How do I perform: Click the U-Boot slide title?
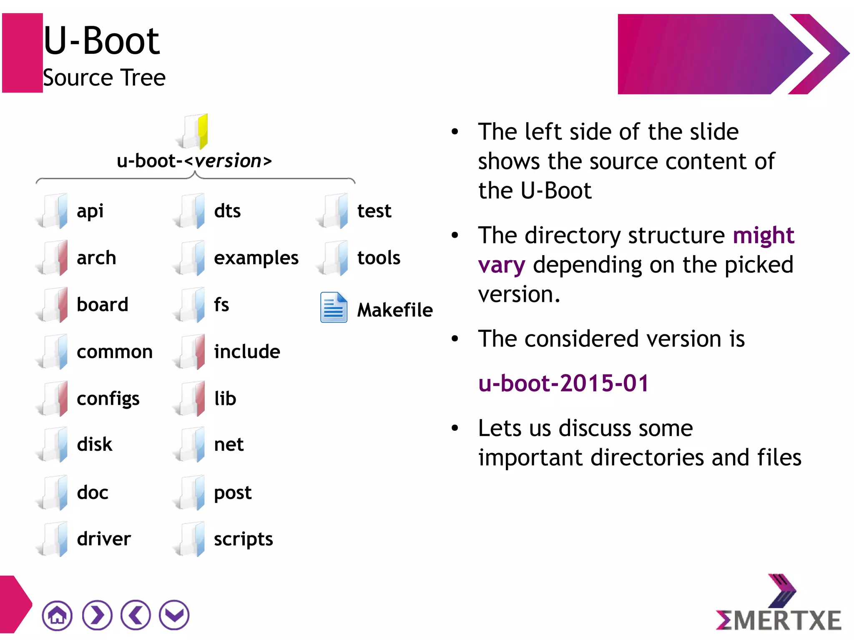pos(101,41)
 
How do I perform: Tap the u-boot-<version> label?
pos(194,161)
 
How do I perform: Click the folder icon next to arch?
pos(54,258)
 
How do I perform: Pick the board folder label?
pos(102,305)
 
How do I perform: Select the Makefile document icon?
pos(334,308)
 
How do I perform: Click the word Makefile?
pos(395,310)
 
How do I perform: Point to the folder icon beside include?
pos(191,351)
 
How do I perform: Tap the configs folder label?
pos(108,399)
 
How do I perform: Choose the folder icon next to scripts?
pos(191,539)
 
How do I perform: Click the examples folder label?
pos(256,258)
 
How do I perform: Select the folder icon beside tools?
pos(334,258)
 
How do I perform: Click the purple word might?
pos(764,236)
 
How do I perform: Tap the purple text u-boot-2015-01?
pos(563,383)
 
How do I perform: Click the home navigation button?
pos(57,615)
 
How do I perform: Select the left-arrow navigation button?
pos(136,615)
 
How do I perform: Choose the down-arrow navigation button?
pos(174,615)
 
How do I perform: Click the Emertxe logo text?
pos(779,620)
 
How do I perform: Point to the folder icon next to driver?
pos(54,539)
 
